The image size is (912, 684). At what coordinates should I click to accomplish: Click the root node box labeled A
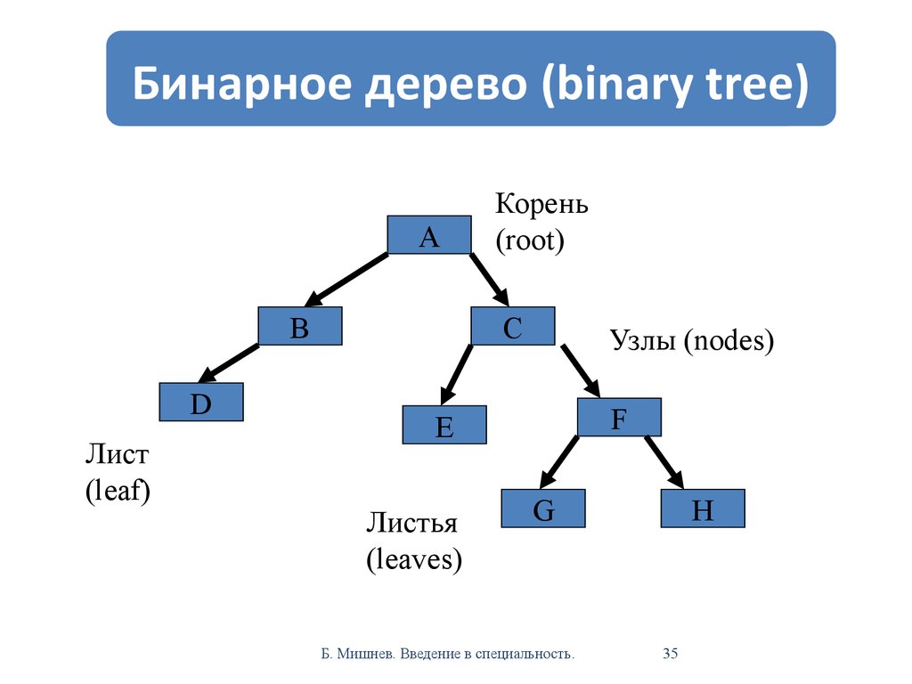pyautogui.click(x=429, y=234)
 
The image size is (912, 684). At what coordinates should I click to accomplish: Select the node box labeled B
pyautogui.click(x=300, y=326)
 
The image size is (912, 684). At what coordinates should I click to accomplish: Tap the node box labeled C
pyautogui.click(x=513, y=326)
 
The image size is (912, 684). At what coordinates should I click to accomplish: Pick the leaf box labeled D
pyautogui.click(x=201, y=402)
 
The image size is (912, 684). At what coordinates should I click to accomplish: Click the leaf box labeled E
pyautogui.click(x=444, y=425)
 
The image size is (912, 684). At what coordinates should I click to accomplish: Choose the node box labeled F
pyautogui.click(x=620, y=417)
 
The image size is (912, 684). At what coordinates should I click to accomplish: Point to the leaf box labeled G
pyautogui.click(x=543, y=509)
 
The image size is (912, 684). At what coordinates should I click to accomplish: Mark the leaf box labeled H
pyautogui.click(x=703, y=509)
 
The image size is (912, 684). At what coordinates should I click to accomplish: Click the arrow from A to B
pyautogui.click(x=346, y=280)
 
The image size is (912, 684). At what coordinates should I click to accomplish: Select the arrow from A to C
pyautogui.click(x=489, y=280)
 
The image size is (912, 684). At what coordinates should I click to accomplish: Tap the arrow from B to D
pyautogui.click(x=229, y=363)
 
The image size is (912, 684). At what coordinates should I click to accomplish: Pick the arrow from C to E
pyautogui.click(x=457, y=375)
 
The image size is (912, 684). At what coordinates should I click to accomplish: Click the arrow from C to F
pyautogui.click(x=581, y=371)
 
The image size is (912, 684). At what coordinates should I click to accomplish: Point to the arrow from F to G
pyautogui.click(x=559, y=462)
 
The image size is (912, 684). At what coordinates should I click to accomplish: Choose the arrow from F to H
pyautogui.click(x=664, y=462)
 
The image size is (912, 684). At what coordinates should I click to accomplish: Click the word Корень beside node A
pyautogui.click(x=541, y=204)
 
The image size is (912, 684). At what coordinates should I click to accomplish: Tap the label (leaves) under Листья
pyautogui.click(x=414, y=559)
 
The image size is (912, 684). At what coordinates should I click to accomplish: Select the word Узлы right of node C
pyautogui.click(x=643, y=340)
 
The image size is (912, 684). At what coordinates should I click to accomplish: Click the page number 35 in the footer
pyautogui.click(x=670, y=654)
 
